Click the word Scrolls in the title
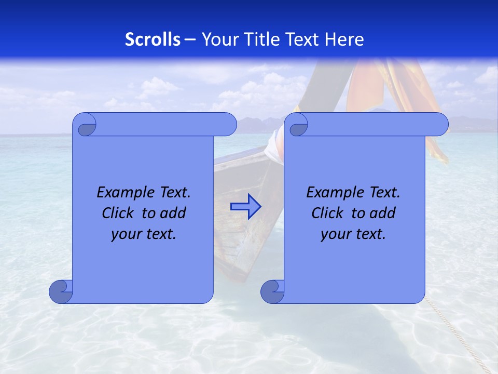pos(153,39)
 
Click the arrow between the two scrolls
pos(245,207)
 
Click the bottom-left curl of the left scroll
pos(61,291)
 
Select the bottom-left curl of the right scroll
pos(272,291)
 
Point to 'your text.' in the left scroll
pos(144,234)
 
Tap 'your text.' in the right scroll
pos(353,234)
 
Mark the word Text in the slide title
pos(301,39)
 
